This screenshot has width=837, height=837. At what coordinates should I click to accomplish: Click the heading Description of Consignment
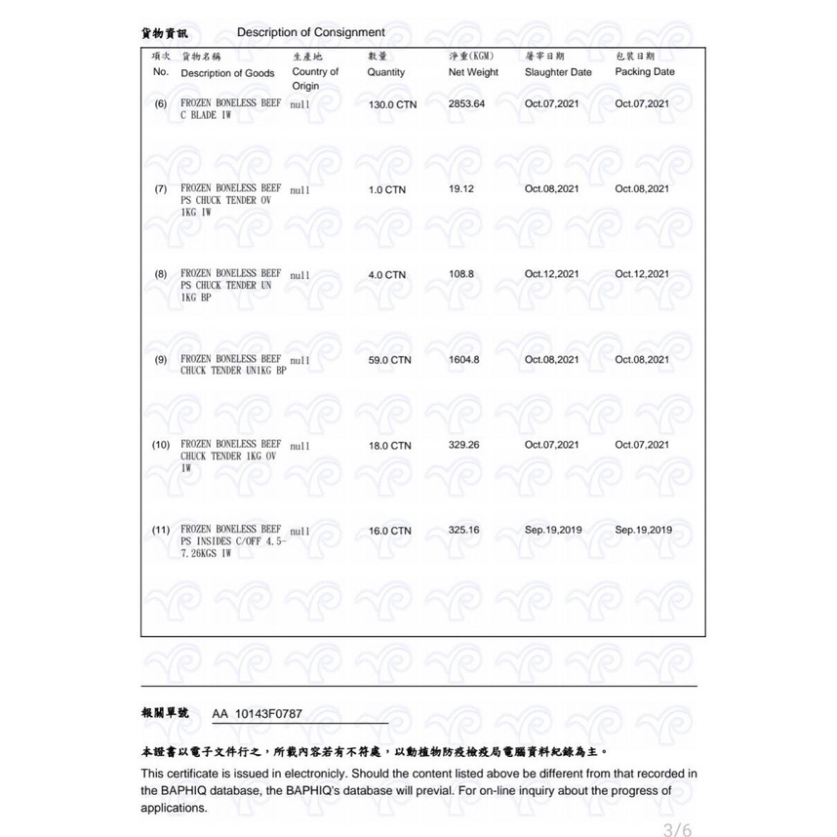coord(310,32)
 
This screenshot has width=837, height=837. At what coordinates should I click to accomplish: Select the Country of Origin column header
coord(315,79)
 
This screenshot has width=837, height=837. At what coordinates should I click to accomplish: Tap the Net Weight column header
coord(473,72)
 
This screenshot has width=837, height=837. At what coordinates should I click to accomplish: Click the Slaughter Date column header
coord(558,72)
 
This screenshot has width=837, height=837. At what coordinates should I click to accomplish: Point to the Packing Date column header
coord(645,72)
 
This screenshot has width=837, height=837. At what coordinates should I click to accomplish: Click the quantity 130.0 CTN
coord(392,104)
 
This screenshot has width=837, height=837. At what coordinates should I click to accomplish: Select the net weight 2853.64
coord(466,103)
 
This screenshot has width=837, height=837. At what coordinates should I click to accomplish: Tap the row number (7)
coord(161,188)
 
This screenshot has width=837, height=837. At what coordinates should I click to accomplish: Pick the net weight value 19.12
coord(460,188)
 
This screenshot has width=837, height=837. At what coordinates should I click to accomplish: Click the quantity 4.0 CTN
coord(386,275)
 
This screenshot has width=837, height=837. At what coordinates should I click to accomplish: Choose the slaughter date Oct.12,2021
coord(552,274)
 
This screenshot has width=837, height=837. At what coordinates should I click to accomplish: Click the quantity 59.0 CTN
coord(389,360)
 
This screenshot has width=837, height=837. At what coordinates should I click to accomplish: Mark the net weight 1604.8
coord(463,359)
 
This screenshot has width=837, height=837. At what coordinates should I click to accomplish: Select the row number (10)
coord(161,445)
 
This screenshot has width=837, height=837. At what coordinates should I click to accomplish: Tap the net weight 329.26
coord(463,444)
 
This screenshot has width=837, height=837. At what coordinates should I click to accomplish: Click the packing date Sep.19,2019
coord(643,530)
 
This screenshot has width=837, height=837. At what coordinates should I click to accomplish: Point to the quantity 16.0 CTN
coord(389,531)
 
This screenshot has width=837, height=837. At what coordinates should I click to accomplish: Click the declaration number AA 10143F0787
coord(257,713)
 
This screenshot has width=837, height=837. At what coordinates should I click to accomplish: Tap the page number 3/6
coord(676,830)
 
